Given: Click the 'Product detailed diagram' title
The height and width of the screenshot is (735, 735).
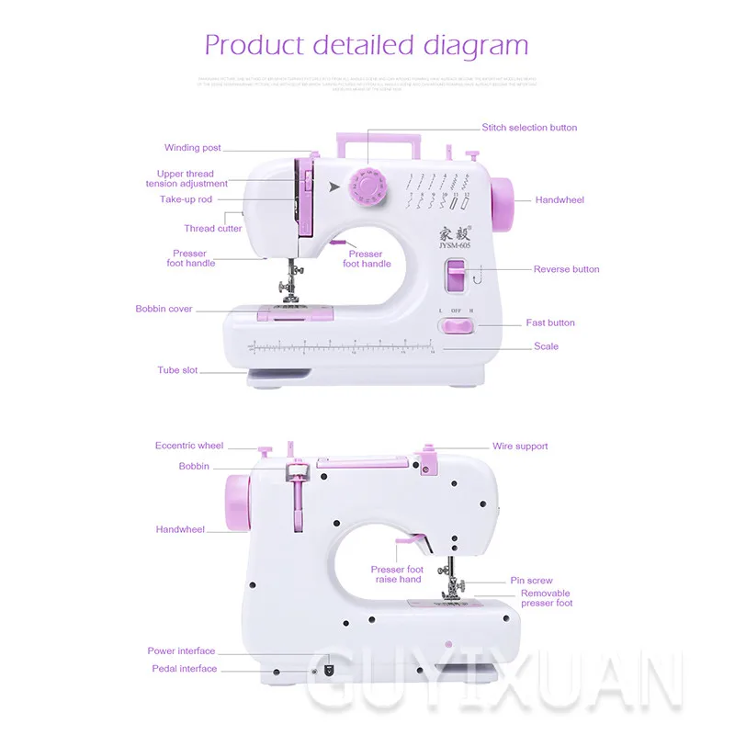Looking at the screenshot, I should pos(367,44).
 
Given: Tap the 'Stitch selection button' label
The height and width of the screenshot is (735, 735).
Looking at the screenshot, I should pos(529,128).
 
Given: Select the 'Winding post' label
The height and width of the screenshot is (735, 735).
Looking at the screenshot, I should pos(193,148).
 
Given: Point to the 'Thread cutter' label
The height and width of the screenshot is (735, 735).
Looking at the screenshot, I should pos(213,229).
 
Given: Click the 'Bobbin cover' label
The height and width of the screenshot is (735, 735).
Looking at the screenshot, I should pos(164,310).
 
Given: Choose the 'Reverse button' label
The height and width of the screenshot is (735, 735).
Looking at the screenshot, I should pos(566,269).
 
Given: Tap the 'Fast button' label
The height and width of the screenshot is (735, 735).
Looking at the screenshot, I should pos(550,322).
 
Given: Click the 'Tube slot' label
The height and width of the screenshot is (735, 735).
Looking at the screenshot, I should pos(177,370).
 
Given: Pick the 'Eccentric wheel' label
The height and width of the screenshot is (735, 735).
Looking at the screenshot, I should pos(189,446).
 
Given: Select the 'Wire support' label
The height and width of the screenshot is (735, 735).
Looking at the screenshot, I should pos(520,447).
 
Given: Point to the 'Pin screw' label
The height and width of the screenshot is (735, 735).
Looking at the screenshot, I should pos(532,581).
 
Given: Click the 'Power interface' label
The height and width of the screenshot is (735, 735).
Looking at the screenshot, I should pos(181,651).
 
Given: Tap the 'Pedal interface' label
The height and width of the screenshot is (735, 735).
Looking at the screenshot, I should pos(184,669).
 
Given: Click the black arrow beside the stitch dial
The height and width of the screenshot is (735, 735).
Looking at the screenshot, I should pos(334,187).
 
